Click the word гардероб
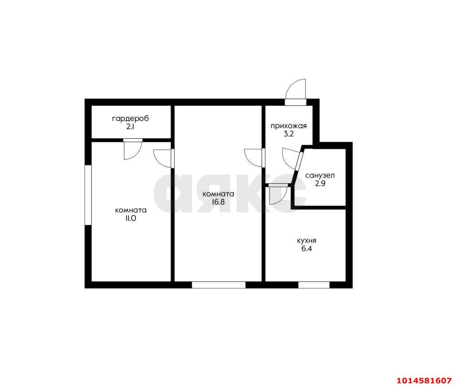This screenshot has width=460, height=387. point(130,119)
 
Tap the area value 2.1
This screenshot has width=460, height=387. point(130,127)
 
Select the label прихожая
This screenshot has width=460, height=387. point(288,126)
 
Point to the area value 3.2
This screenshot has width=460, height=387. point(288,134)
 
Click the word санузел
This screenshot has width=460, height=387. point(320,176)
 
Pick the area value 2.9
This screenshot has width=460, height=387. point(320,184)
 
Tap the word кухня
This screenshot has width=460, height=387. point(306,241)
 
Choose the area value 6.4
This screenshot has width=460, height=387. point(306,249)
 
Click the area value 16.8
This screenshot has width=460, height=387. point(218,202)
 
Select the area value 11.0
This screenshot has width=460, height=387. point(131,218)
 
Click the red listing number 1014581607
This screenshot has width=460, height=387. point(424,381)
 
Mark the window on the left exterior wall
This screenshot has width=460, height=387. point(88,195)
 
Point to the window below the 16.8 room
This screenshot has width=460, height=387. point(219,285)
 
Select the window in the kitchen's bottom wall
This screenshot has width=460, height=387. point(314,285)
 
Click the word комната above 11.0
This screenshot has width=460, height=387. point(131,210)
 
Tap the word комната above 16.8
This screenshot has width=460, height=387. point(218,194)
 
